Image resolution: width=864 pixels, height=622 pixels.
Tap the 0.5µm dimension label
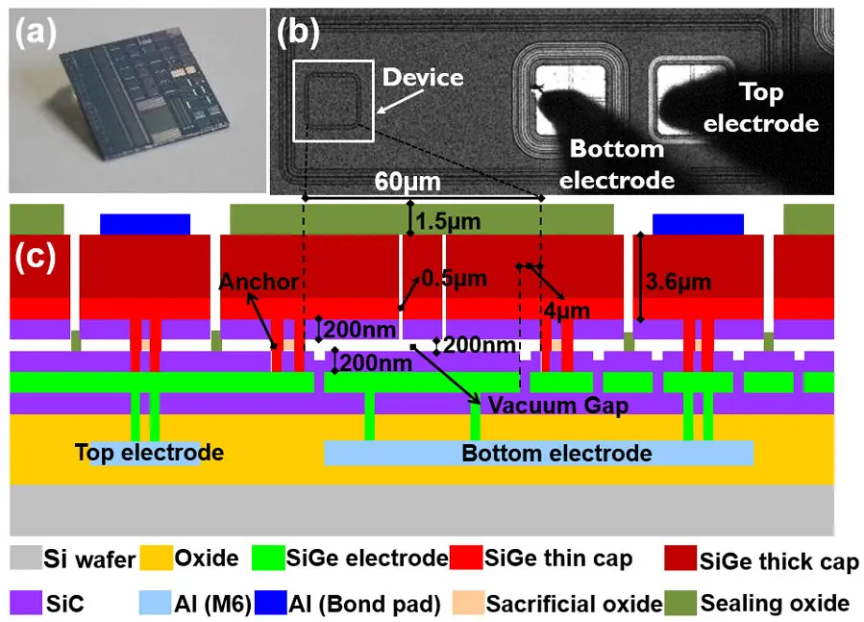(455, 279)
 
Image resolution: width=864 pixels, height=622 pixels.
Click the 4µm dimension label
(559, 313)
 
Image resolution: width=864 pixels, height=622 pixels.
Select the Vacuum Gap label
(558, 405)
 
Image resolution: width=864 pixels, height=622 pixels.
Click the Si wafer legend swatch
(24, 558)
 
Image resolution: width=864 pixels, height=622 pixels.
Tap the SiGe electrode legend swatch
(265, 558)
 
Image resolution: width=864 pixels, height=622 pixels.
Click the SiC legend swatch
(24, 603)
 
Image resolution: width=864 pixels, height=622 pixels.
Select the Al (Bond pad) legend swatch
(265, 603)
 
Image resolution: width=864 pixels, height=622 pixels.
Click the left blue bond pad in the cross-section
(145, 223)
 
